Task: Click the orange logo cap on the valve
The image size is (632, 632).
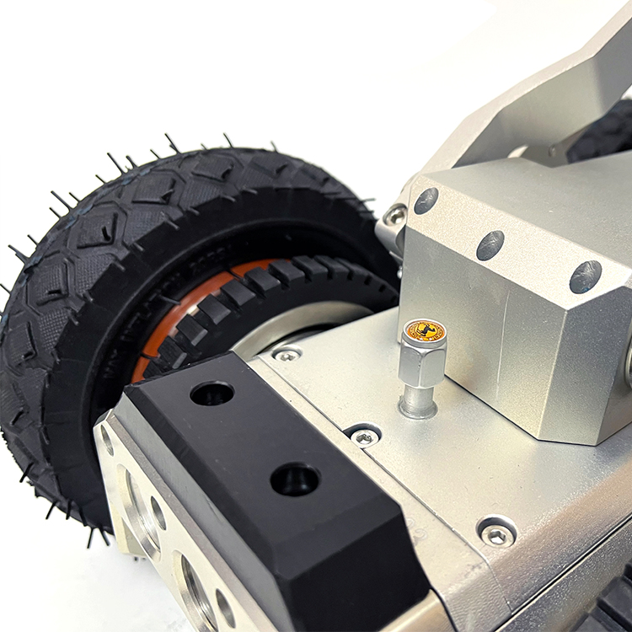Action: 425,330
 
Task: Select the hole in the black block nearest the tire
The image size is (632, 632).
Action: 212,393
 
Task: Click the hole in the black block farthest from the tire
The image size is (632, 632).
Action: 295,479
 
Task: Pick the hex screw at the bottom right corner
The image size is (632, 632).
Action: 496,533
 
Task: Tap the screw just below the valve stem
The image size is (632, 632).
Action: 365,437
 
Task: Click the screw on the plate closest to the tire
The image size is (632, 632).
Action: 287,355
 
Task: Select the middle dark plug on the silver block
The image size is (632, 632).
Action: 490,245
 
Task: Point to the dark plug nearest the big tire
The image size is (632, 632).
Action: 426,201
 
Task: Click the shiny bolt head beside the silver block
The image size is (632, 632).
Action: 394,215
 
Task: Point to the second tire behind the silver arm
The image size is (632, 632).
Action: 607,135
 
